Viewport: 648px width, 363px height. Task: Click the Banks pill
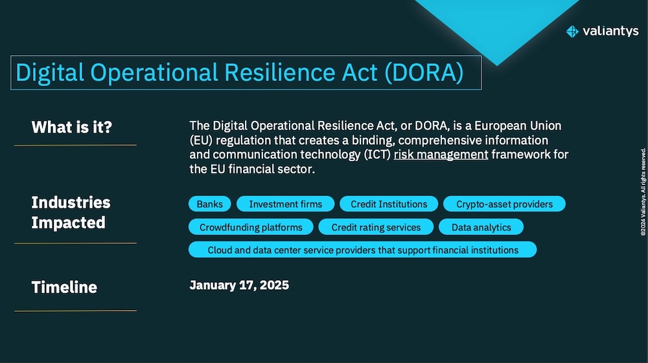point(209,204)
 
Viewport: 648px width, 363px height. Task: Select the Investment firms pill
point(285,204)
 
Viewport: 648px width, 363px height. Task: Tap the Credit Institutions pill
point(389,204)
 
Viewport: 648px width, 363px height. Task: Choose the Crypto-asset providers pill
point(504,204)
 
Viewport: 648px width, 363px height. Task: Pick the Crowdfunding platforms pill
point(251,227)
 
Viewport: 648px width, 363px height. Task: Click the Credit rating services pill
point(376,227)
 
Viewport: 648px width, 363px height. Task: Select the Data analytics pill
point(481,227)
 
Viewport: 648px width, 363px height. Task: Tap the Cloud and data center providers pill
point(362,250)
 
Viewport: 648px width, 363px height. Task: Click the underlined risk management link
point(441,155)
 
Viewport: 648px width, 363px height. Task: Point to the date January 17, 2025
point(239,285)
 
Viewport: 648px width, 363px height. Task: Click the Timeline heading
point(64,287)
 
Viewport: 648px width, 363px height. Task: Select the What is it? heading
point(72,127)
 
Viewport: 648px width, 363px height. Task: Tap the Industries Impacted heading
point(71,212)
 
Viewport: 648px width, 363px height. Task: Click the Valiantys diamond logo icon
point(572,31)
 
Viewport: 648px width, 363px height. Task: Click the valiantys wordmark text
point(610,31)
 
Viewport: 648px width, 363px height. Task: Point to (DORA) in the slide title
point(424,72)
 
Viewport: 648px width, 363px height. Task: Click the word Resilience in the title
point(280,72)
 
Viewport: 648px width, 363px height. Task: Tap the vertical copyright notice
point(643,192)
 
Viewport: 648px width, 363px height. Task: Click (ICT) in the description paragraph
point(377,155)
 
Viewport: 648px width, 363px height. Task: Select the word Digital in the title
point(50,73)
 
